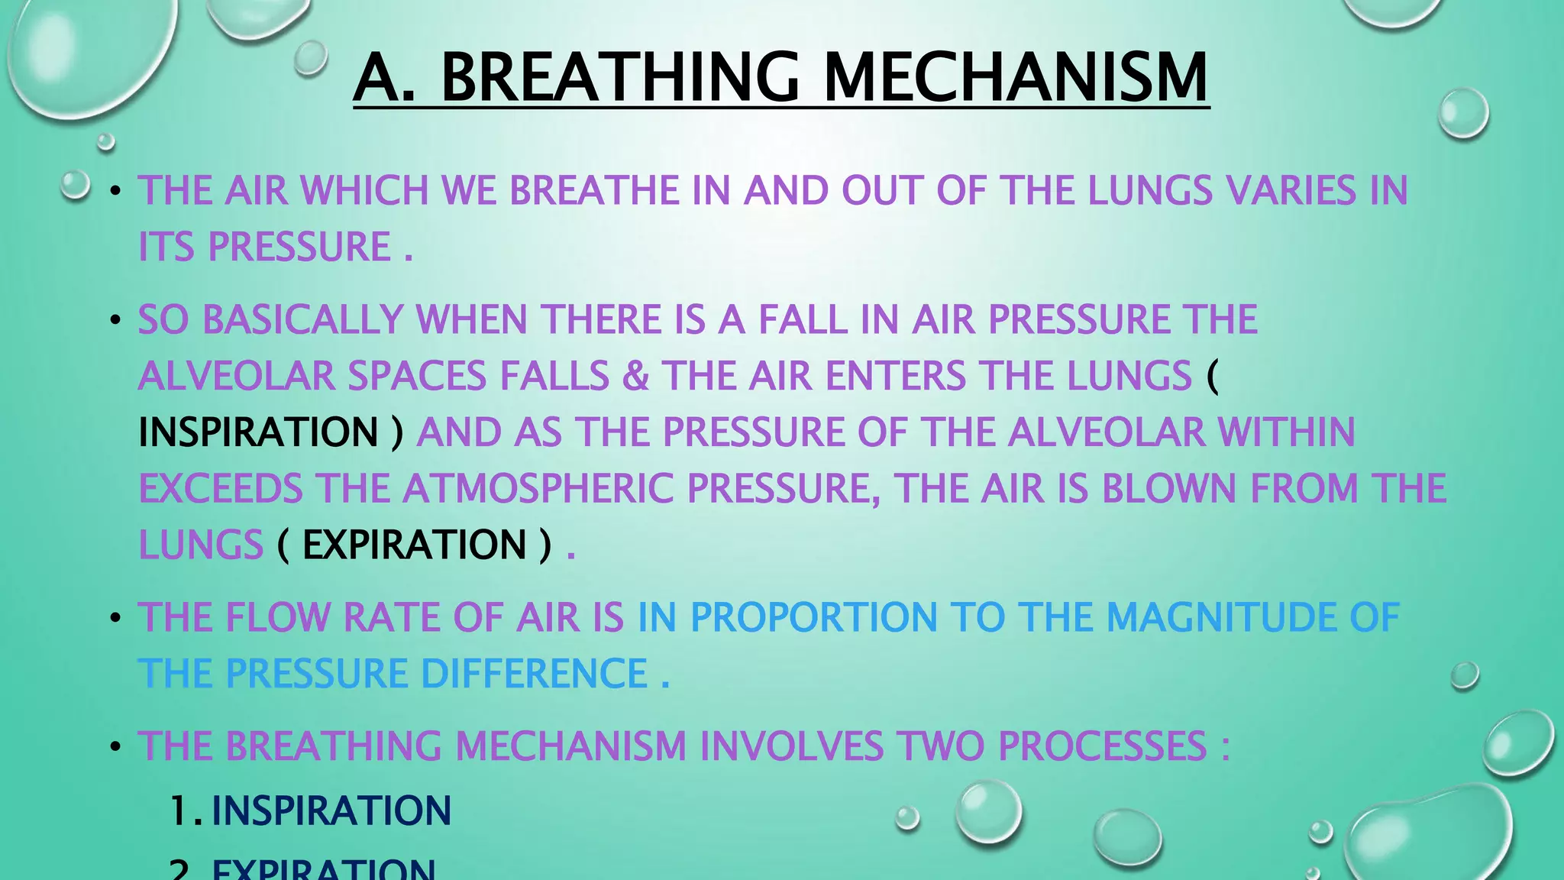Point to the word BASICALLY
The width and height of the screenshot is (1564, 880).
tap(302, 319)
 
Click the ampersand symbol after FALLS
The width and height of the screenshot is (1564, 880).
tap(635, 376)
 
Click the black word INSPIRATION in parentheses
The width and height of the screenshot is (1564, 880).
tap(258, 432)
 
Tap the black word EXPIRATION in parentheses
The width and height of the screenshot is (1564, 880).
tap(414, 545)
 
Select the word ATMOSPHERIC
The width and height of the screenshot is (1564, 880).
tap(538, 488)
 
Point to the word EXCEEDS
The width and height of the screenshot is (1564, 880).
tap(221, 488)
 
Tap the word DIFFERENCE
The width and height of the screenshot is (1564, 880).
tap(534, 674)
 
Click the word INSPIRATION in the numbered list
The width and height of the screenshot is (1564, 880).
tap(331, 810)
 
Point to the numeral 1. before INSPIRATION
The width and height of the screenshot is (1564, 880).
tap(184, 810)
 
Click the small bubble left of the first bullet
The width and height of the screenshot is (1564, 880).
tap(75, 185)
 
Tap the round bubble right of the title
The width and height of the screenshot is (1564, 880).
tap(1462, 114)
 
